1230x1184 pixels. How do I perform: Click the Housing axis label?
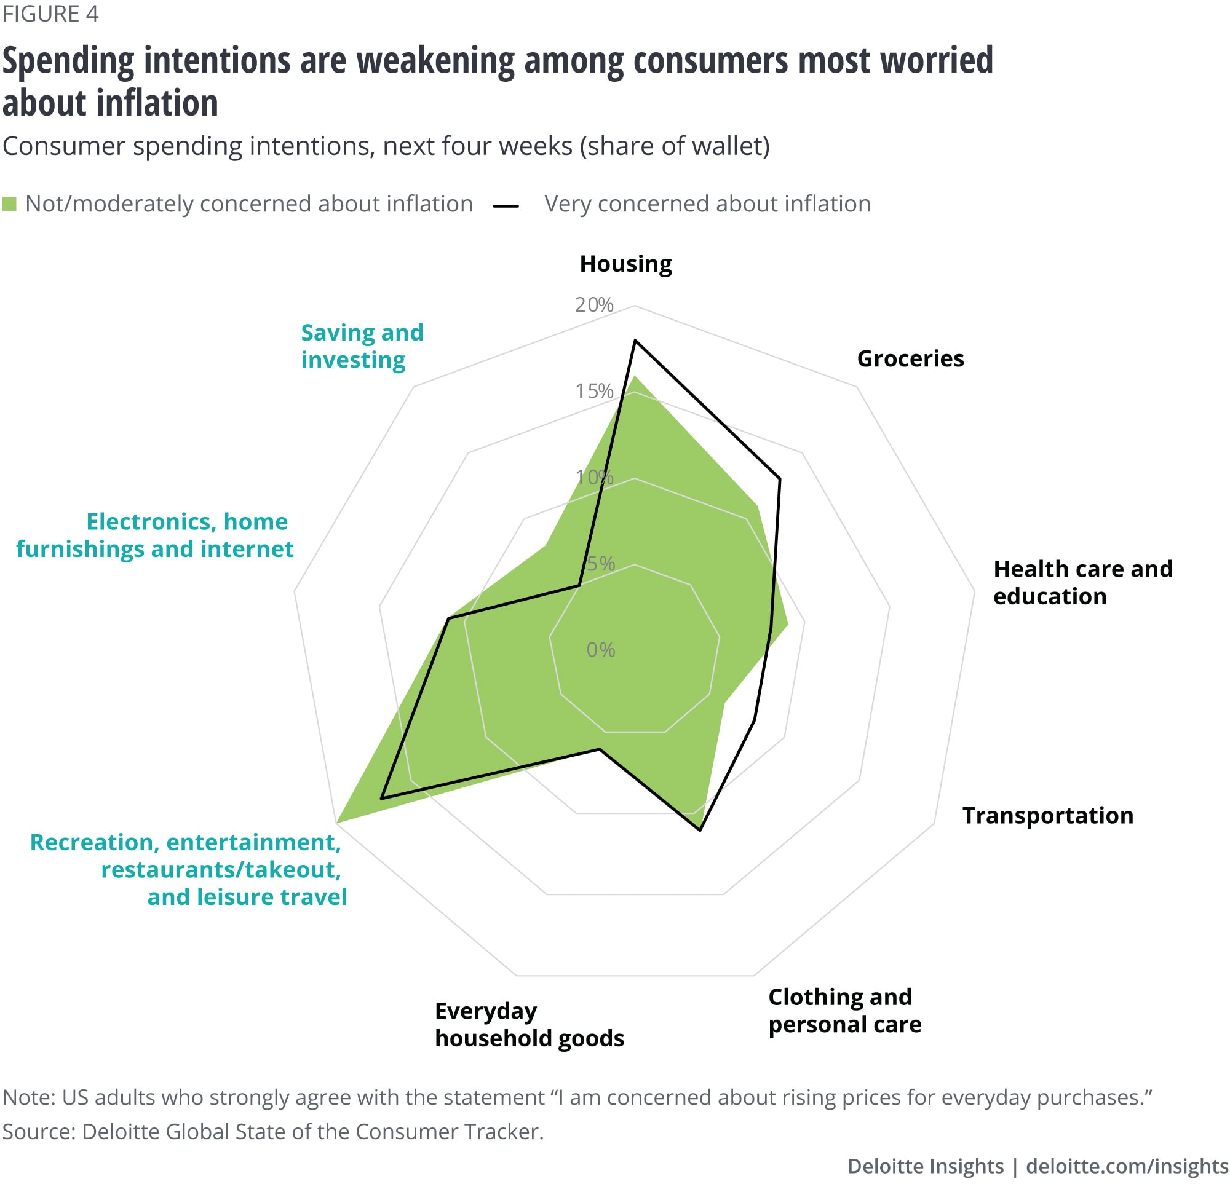(x=625, y=264)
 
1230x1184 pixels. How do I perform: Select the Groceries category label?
(x=910, y=359)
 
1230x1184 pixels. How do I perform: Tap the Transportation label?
(x=1047, y=816)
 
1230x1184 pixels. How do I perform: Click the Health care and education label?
(x=1082, y=582)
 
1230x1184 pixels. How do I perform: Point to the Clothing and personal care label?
(x=844, y=1010)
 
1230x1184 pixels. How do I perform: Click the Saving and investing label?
(x=362, y=345)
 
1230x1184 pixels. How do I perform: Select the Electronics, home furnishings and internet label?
(x=155, y=535)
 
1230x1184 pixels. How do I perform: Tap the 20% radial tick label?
(x=593, y=305)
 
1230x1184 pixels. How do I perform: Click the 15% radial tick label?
(x=593, y=392)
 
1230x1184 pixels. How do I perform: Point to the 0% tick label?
(x=601, y=650)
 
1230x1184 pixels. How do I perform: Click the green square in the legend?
(x=9, y=204)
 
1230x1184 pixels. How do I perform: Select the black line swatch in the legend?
(x=506, y=205)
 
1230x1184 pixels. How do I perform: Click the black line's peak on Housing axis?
(x=635, y=341)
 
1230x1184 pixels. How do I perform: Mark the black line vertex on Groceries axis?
(x=779, y=480)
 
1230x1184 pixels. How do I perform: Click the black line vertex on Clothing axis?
(x=700, y=831)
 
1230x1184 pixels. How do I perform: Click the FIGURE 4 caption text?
(x=50, y=14)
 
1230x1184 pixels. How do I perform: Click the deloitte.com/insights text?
(x=1127, y=1166)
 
